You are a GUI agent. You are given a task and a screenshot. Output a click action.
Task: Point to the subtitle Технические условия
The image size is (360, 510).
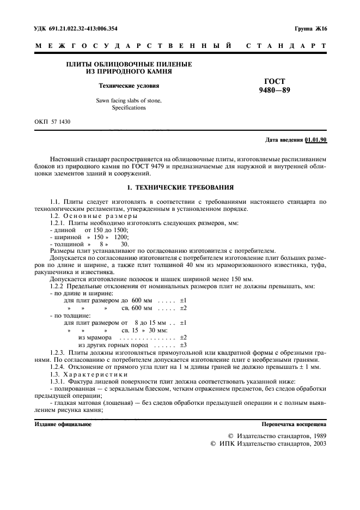tap(129, 86)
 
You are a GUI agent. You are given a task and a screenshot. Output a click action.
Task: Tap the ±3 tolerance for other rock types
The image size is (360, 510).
tap(184, 345)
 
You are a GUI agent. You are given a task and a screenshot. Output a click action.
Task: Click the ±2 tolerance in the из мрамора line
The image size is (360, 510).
tap(184, 337)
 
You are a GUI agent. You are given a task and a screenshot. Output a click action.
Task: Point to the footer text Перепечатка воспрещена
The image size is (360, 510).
tap(294, 423)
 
